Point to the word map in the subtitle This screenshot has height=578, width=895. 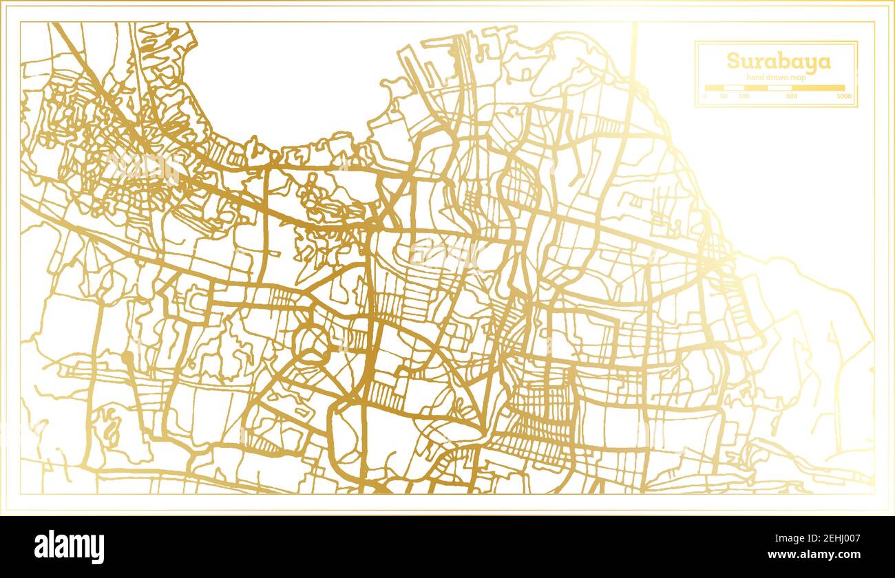pos(799,78)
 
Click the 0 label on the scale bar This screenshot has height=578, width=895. pos(704,96)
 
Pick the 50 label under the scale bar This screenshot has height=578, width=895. pos(724,96)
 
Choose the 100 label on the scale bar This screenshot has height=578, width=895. pos(744,96)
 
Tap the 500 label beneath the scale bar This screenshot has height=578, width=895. pos(792,96)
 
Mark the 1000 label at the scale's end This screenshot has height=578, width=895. pos(844,96)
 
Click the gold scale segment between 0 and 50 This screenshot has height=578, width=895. pos(714,88)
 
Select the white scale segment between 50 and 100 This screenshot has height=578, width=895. pos(734,88)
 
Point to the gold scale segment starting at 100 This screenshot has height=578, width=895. pos(755,88)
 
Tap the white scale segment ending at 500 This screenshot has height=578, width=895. pos(779,88)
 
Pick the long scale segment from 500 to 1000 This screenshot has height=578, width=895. pos(818,88)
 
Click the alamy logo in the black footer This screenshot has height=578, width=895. pos(69,547)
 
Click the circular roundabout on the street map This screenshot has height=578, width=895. pos(314,341)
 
